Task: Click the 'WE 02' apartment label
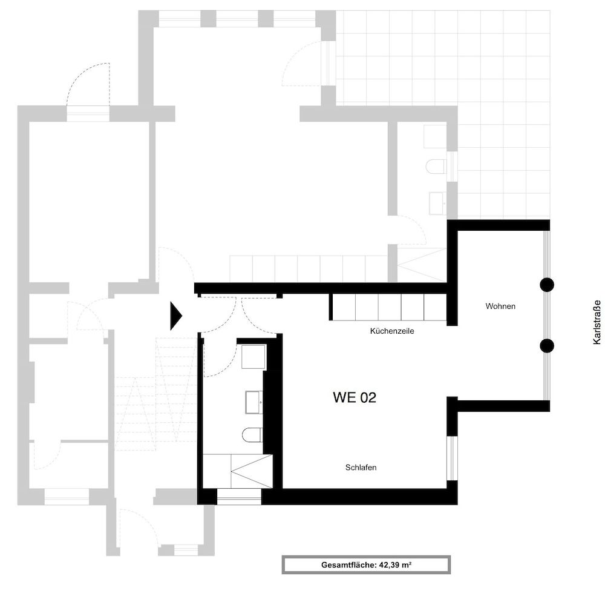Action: (x=355, y=398)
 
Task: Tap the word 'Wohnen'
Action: (x=500, y=306)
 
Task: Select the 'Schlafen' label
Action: (x=361, y=468)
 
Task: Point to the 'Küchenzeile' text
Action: (x=392, y=332)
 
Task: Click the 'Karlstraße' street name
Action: (x=597, y=323)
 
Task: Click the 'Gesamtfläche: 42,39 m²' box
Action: (x=366, y=564)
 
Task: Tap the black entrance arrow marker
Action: (x=175, y=316)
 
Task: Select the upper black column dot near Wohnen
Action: (x=547, y=284)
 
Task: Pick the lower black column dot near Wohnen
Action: (x=547, y=346)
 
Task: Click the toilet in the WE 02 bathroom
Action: (x=252, y=434)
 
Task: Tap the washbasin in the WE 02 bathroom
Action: (x=253, y=402)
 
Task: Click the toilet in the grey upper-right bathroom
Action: (x=436, y=166)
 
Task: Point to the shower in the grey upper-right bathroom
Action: (x=421, y=265)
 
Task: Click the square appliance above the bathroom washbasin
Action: (x=253, y=357)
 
